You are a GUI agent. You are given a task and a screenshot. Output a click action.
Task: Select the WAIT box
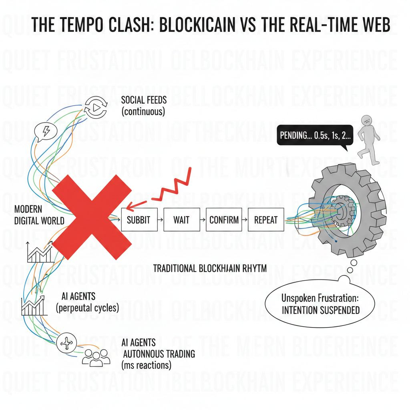[x=181, y=219]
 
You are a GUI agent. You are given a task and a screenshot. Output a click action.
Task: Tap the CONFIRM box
[x=224, y=219]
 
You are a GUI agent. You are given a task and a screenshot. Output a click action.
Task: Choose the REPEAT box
[x=266, y=219]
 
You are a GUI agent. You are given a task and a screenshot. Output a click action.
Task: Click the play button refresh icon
[x=95, y=107]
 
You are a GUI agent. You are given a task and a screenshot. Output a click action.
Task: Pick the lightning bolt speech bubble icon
[x=44, y=132]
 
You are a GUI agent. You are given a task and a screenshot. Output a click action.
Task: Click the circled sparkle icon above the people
[x=66, y=344]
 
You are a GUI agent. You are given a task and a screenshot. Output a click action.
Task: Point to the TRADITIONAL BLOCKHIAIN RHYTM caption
[x=210, y=268]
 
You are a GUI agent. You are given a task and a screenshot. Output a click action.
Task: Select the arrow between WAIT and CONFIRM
[x=202, y=220]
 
